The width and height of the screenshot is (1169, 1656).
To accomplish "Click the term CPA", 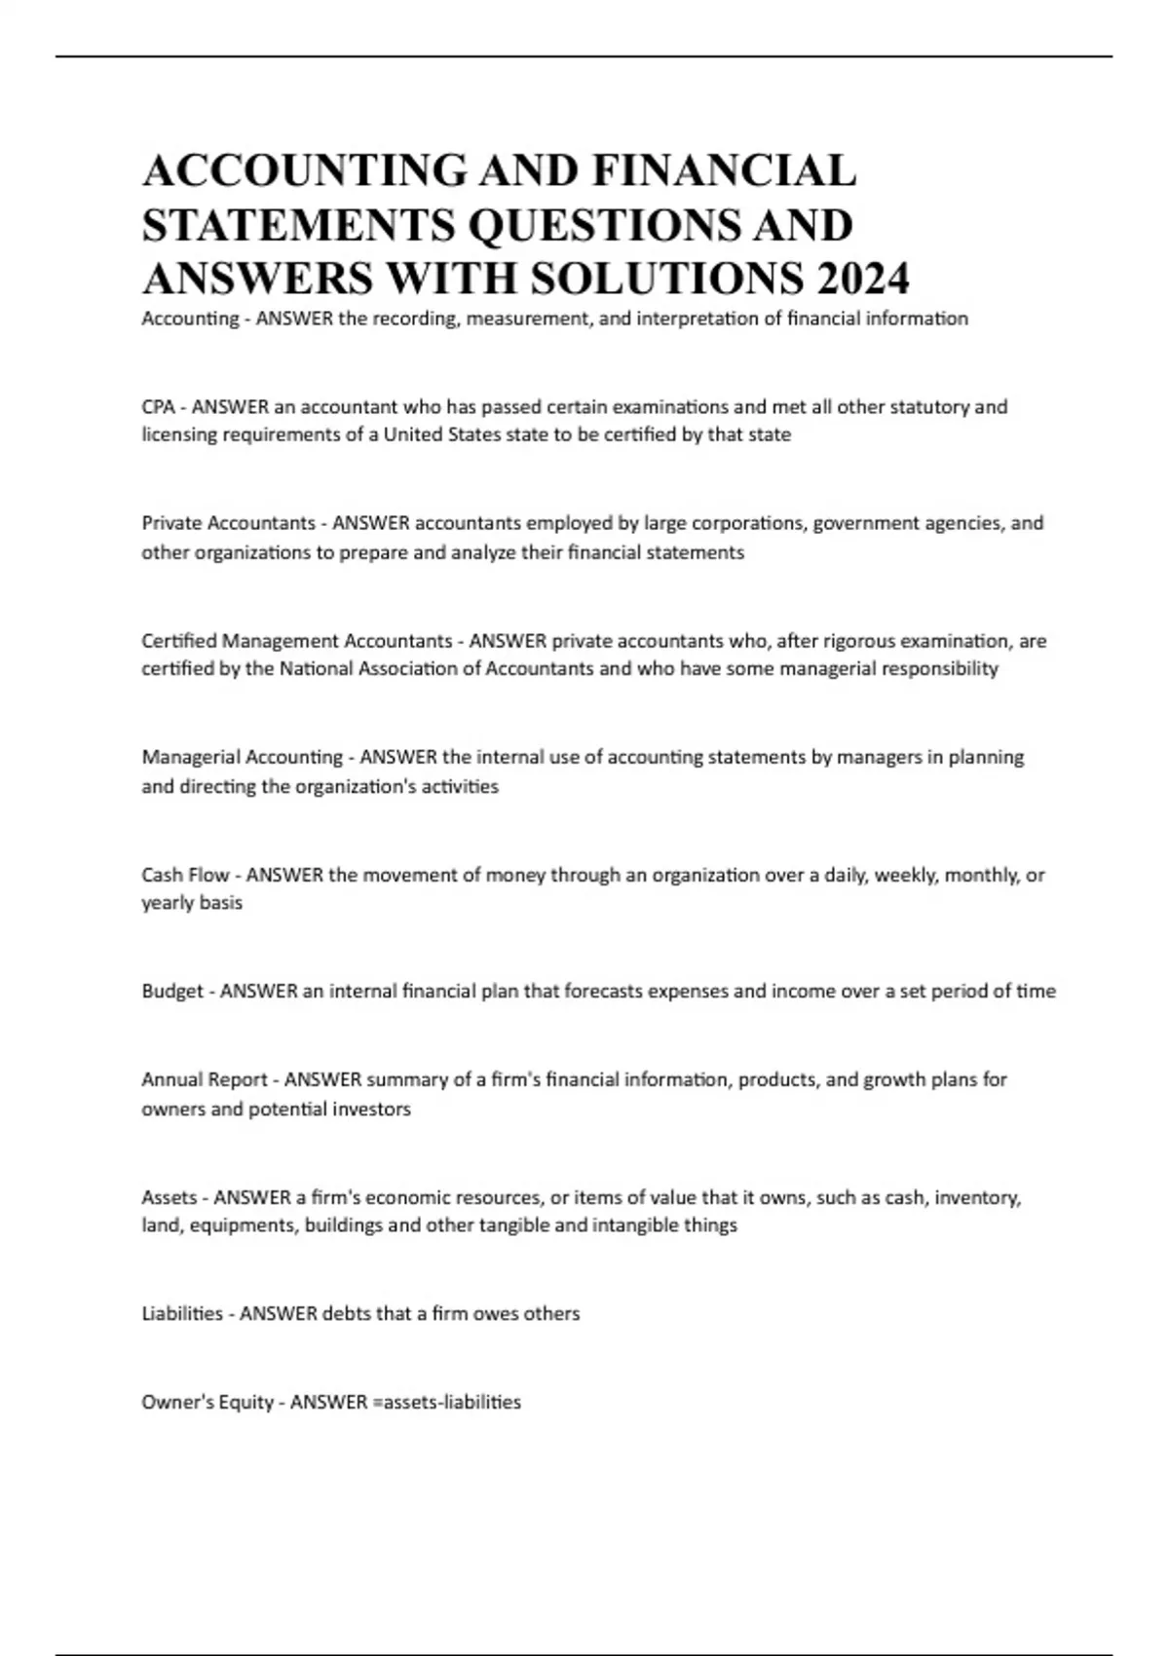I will pyautogui.click(x=158, y=407).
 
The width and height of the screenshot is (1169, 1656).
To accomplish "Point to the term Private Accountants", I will pyautogui.click(x=228, y=523).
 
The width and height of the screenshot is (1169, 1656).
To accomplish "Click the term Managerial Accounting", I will pyautogui.click(x=242, y=757).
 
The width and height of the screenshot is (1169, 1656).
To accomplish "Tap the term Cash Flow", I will pyautogui.click(x=185, y=875).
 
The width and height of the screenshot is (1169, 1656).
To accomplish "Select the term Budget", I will pyautogui.click(x=172, y=992).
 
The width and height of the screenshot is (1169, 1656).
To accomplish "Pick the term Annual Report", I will pyautogui.click(x=205, y=1079).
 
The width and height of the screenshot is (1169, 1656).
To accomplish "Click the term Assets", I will pyautogui.click(x=170, y=1197).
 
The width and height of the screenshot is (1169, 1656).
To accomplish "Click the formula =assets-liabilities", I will pyautogui.click(x=446, y=1402).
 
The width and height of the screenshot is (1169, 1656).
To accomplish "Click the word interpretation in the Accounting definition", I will pyautogui.click(x=696, y=319).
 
